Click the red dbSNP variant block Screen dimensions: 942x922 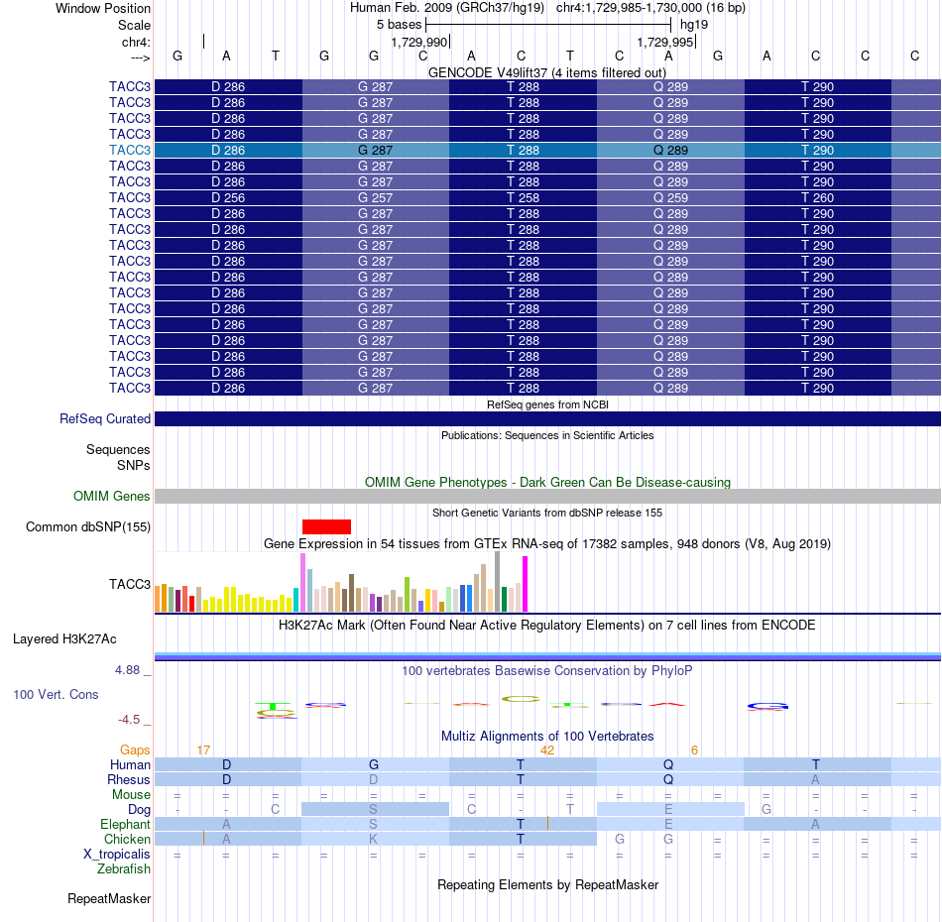[x=326, y=526]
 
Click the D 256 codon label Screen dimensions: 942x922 [x=228, y=197]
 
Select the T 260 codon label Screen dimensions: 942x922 [x=818, y=197]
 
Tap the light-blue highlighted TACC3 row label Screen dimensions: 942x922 [x=130, y=150]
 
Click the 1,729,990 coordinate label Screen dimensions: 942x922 [x=419, y=42]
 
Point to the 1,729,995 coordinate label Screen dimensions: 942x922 [x=665, y=42]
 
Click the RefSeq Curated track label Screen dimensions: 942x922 [x=105, y=418]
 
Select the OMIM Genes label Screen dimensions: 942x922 [x=112, y=496]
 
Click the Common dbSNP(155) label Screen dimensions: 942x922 [x=88, y=526]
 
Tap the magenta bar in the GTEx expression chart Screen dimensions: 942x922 [x=526, y=584]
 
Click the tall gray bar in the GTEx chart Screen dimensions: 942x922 [x=498, y=581]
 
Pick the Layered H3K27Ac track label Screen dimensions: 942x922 [x=64, y=639]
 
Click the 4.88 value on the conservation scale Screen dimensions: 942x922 [x=127, y=670]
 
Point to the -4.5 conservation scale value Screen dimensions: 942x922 [x=129, y=719]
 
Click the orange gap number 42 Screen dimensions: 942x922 [x=547, y=750]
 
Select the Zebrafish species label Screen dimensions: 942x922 [x=124, y=869]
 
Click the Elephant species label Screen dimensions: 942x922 [x=126, y=825]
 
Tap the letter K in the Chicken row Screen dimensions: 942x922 [x=373, y=839]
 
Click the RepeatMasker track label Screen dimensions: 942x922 [x=109, y=898]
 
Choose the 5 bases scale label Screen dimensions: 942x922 [x=400, y=25]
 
